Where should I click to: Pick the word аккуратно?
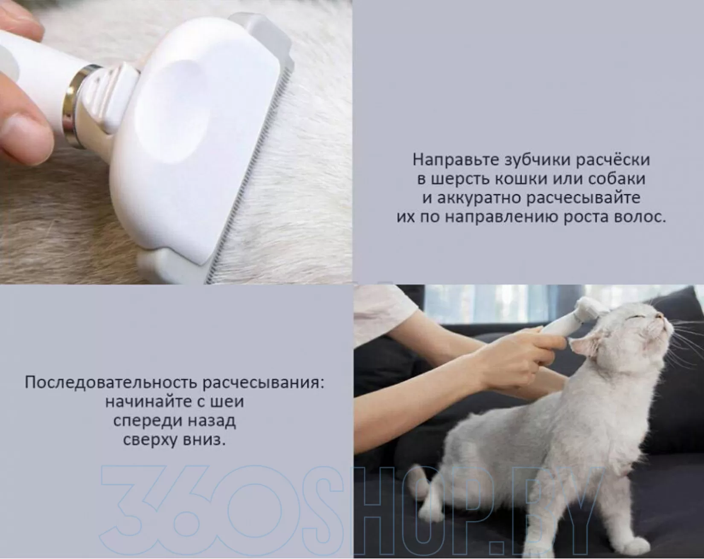(x=477, y=198)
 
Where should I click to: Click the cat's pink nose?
(x=661, y=316)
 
